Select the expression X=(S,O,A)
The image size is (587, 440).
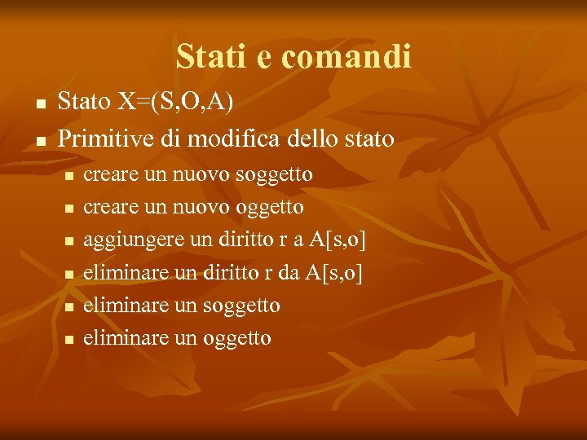click(x=175, y=102)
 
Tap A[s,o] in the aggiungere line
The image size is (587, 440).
click(x=335, y=240)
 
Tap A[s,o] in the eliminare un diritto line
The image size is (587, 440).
click(x=332, y=273)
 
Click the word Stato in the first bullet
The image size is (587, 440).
click(x=85, y=102)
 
